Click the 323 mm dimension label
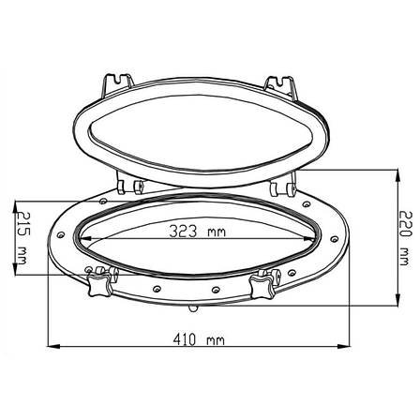(x=197, y=232)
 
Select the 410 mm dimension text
(x=199, y=339)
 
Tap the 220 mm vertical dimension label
(x=406, y=238)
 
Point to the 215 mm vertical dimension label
(x=22, y=238)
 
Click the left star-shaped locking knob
(x=99, y=284)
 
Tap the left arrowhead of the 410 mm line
(x=53, y=346)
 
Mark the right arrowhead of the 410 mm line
(x=343, y=346)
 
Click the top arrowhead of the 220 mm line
(x=397, y=176)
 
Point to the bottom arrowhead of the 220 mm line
(x=397, y=299)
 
